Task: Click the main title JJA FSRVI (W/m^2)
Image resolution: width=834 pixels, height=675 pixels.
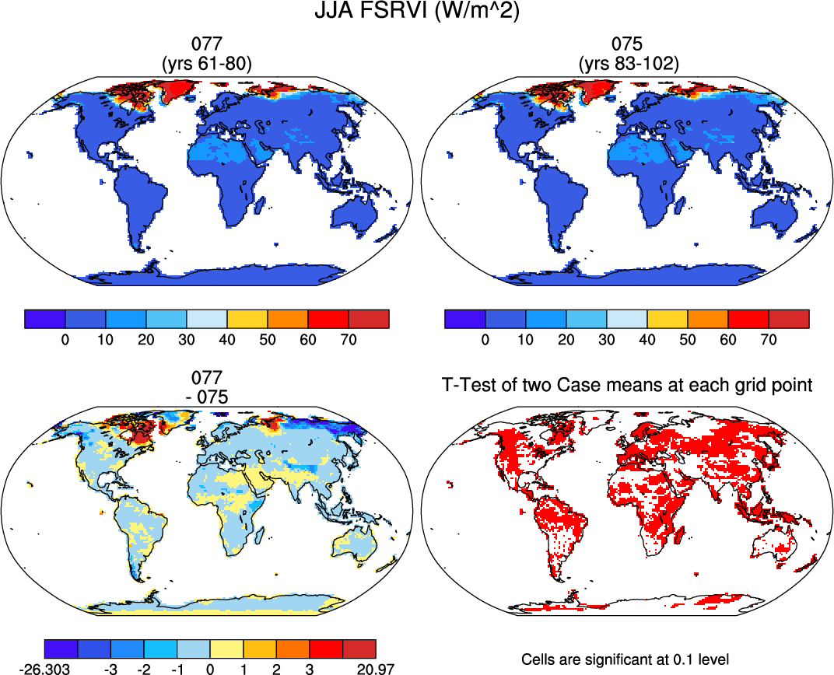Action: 417,12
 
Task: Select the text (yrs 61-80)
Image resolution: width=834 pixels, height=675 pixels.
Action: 206,64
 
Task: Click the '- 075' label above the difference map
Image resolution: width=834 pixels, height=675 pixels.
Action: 206,396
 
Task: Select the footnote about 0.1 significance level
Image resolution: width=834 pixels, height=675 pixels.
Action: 625,659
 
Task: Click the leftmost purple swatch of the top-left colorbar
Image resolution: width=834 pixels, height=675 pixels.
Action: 45,318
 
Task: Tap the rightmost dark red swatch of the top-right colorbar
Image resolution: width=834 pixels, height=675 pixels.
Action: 789,318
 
